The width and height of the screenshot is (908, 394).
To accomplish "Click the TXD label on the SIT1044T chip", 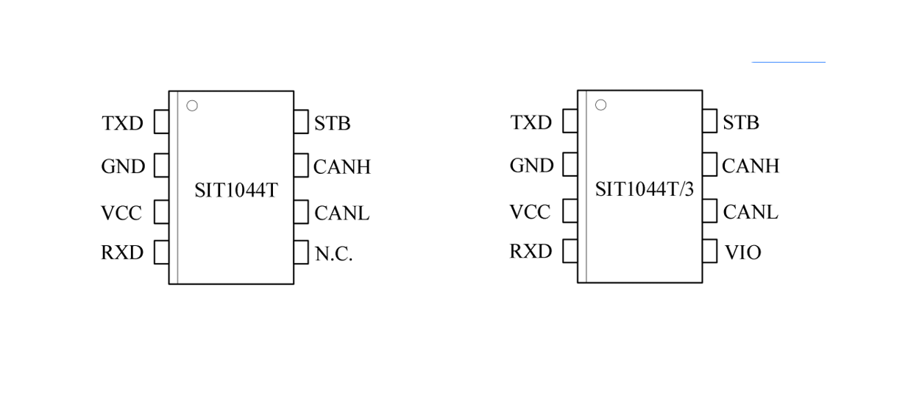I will coord(122,123).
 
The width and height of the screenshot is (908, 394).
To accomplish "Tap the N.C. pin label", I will coord(334,254).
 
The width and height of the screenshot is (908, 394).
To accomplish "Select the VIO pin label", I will coord(742,253).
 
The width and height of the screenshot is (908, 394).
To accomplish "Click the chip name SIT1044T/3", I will coord(644,189).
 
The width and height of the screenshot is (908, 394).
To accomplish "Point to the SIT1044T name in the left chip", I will coord(235,190).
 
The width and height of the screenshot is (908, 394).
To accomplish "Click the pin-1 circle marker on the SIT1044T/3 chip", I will coord(600,105).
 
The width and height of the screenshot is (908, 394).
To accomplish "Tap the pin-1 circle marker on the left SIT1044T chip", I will coord(192,106).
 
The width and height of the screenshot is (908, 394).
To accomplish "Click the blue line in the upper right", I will coord(788,63).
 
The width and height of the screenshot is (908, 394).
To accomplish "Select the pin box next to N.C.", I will coord(301,253).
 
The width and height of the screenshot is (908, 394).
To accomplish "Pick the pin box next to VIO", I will coord(709,251).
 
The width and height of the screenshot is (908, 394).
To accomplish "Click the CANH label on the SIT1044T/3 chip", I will coord(750,166).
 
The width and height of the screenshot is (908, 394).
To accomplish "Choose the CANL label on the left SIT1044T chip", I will coord(341,213).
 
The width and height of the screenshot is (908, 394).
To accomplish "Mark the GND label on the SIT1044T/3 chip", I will coord(531,166).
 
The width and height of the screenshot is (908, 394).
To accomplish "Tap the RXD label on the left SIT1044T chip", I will coord(122,253).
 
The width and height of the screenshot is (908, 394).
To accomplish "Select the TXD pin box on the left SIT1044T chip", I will coord(161,122).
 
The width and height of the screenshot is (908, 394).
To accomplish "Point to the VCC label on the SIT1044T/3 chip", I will coord(530,212).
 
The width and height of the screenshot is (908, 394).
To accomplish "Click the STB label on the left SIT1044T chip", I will coord(332,123).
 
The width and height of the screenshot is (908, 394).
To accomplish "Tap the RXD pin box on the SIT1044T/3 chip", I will coord(570,251).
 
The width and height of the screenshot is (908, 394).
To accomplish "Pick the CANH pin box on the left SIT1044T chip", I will coord(301,166).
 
